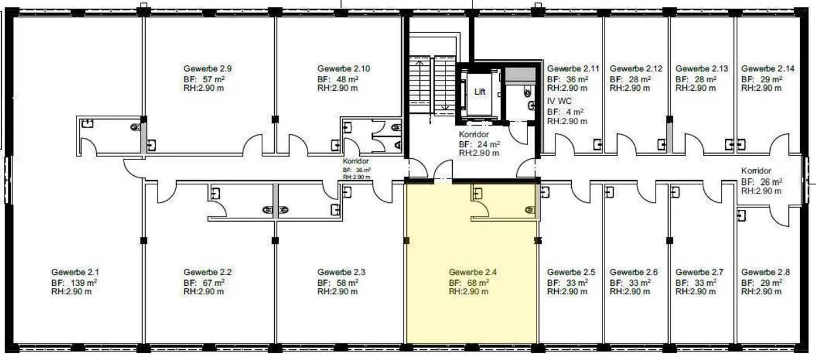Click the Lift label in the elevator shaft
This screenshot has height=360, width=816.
coord(479,92)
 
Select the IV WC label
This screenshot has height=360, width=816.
coord(559,101)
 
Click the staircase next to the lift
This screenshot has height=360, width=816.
coord(432,82)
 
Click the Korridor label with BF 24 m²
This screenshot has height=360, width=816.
coord(474,135)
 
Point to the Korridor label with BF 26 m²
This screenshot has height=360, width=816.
coord(756,171)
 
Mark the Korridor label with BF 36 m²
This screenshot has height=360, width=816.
coord(356,162)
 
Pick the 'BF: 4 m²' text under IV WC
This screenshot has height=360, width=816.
coord(565,112)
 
